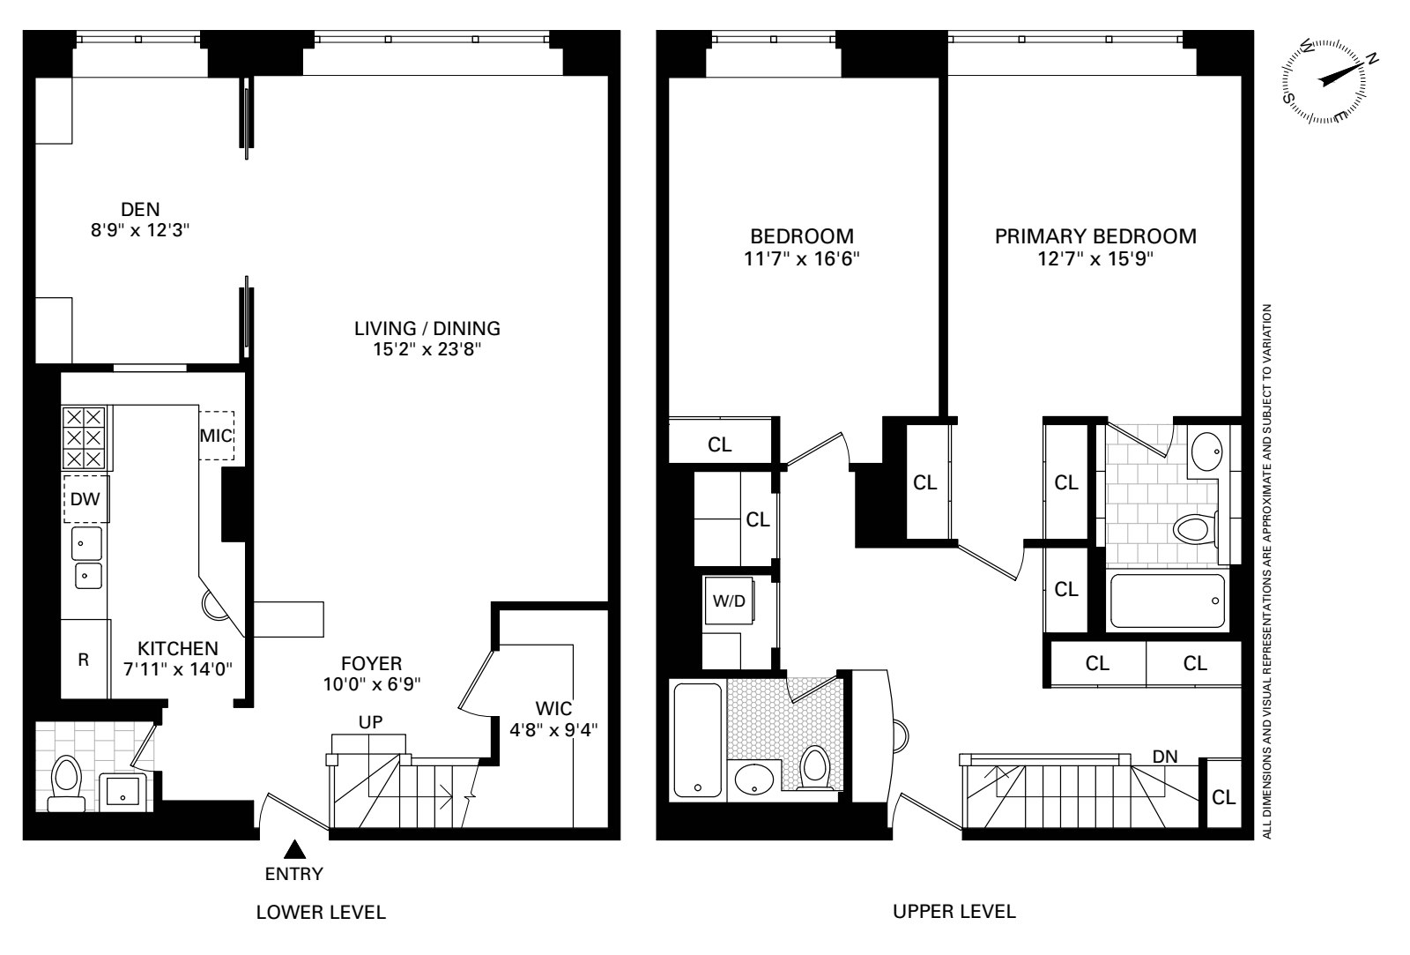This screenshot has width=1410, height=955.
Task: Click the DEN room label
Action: [140, 209]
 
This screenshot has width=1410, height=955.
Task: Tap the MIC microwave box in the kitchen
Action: [216, 435]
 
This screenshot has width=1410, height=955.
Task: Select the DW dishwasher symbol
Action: [85, 499]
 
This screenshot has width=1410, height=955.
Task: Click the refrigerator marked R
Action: [84, 660]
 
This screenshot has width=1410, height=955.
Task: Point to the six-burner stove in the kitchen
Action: [84, 437]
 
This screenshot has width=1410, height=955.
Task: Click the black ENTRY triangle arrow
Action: [293, 849]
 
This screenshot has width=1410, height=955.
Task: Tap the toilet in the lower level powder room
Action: [66, 783]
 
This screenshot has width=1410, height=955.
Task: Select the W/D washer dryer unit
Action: [729, 602]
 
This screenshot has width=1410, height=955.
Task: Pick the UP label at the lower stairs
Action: [370, 722]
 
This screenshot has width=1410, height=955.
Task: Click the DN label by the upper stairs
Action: [1165, 757]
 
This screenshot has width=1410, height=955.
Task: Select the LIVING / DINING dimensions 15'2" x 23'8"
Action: [427, 349]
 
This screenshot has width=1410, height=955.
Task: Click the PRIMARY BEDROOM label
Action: [1095, 236]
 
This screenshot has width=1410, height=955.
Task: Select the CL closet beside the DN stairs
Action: [1223, 797]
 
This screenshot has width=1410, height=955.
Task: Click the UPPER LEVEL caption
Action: [954, 912]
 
